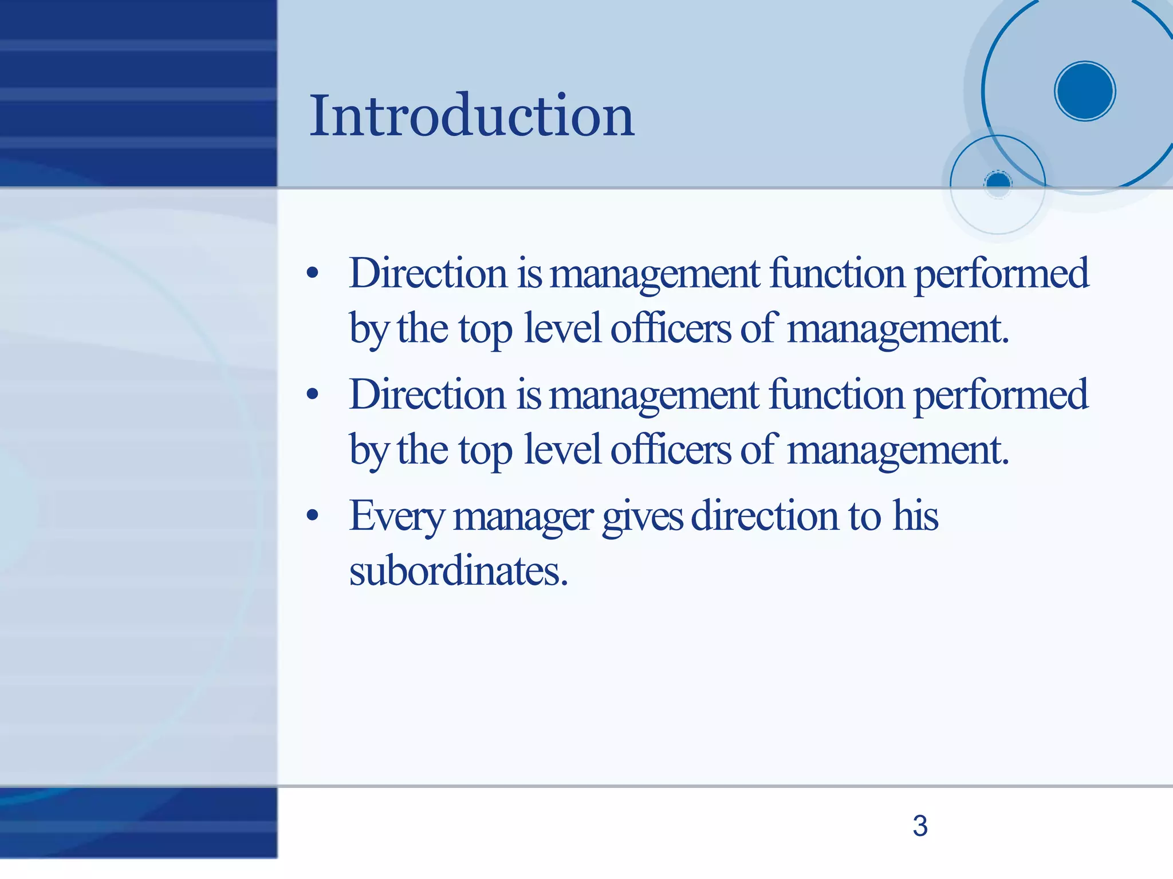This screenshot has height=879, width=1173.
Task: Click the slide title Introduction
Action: click(471, 116)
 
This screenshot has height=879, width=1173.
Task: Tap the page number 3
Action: click(920, 826)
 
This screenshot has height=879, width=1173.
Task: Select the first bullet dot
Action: click(312, 273)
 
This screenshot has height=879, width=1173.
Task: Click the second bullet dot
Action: click(312, 394)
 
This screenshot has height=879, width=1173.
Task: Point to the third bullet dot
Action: click(312, 515)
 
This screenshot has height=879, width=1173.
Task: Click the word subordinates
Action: click(458, 571)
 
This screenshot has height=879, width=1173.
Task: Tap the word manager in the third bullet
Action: click(523, 518)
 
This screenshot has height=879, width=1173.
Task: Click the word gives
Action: click(642, 517)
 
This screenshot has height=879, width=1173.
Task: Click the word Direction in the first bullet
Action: click(428, 273)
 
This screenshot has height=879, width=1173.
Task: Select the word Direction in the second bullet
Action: click(428, 395)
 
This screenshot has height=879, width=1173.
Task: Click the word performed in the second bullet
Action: click(1001, 396)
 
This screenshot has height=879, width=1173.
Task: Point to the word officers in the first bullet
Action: click(671, 329)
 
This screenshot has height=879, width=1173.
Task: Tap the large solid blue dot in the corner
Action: click(1084, 91)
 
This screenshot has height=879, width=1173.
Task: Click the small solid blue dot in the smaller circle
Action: click(998, 183)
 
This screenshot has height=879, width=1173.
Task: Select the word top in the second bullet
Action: click(485, 451)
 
